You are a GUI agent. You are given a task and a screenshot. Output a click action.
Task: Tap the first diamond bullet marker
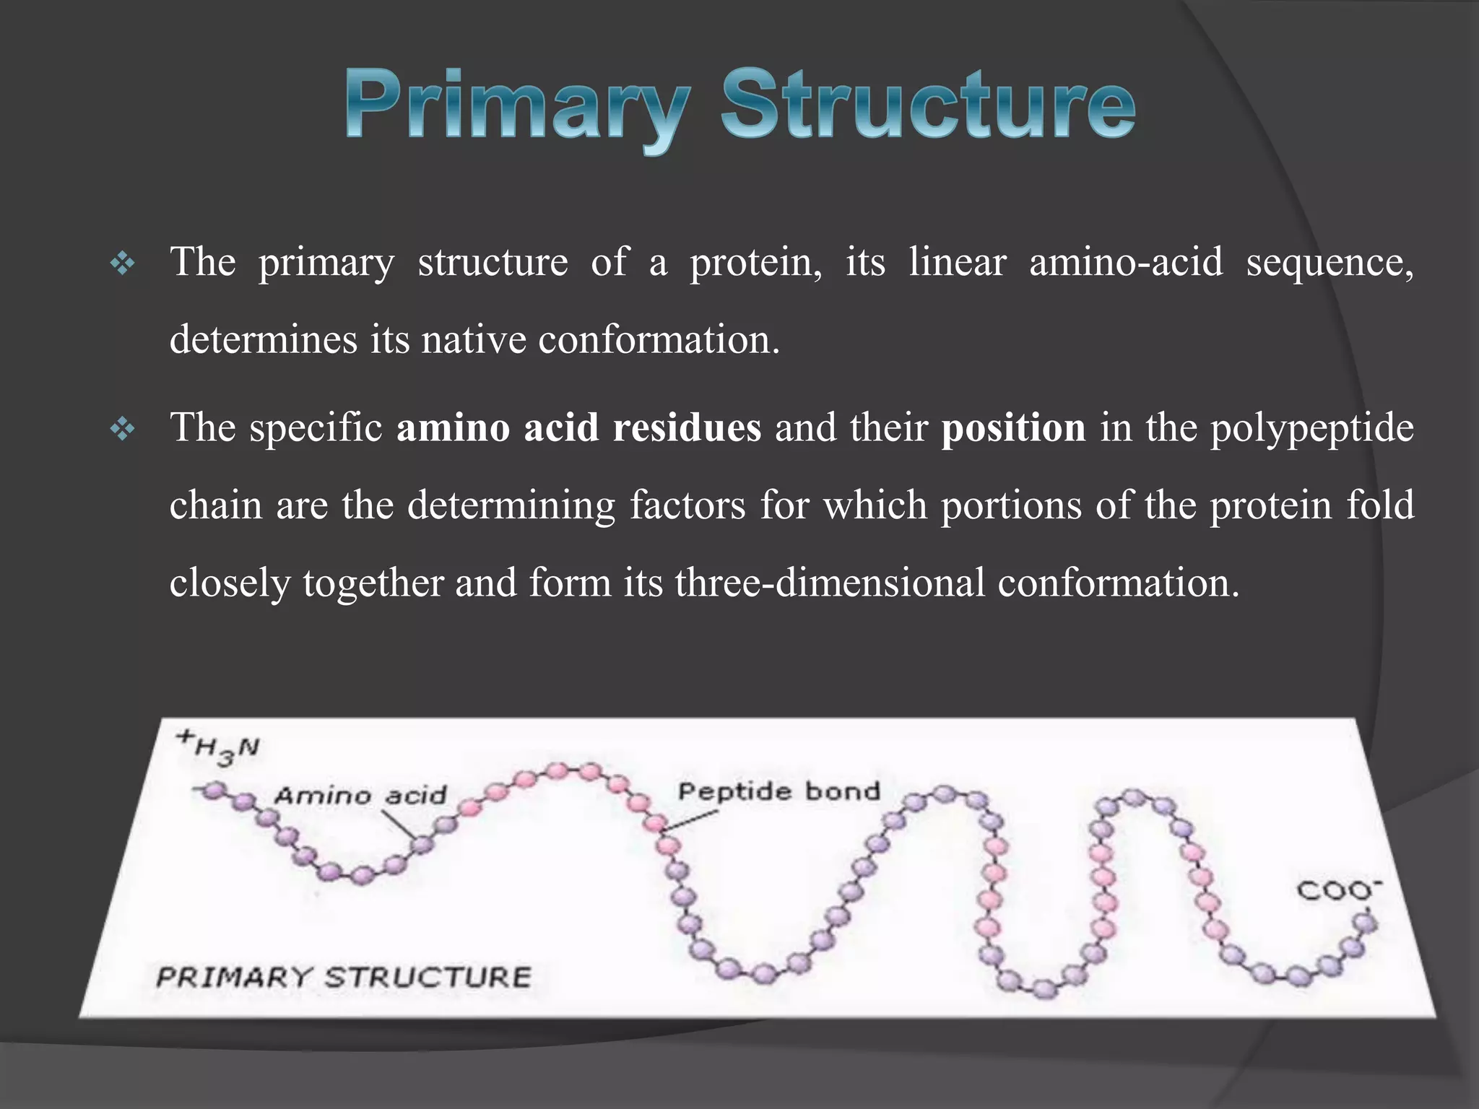pyautogui.click(x=122, y=264)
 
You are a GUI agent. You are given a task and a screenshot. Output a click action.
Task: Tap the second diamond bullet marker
pyautogui.click(x=122, y=430)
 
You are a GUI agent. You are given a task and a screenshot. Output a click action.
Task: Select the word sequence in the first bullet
pyautogui.click(x=1330, y=263)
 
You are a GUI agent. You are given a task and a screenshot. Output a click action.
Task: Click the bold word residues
pyautogui.click(x=687, y=427)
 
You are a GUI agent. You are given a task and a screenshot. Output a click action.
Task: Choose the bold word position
pyautogui.click(x=1013, y=429)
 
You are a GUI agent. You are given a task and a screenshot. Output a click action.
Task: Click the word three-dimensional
pyautogui.click(x=830, y=583)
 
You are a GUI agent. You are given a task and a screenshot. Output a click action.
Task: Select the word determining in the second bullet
pyautogui.click(x=511, y=505)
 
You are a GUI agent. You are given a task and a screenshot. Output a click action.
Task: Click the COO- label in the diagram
pyautogui.click(x=1338, y=890)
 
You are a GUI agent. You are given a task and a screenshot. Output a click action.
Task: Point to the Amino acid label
pyautogui.click(x=360, y=796)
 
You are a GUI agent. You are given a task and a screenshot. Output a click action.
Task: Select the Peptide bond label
pyautogui.click(x=778, y=791)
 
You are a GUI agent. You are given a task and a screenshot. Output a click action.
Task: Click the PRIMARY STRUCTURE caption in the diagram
pyautogui.click(x=343, y=978)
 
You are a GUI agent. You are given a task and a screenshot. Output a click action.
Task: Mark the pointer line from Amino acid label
pyautogui.click(x=399, y=824)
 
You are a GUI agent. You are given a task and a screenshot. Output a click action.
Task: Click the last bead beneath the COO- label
pyautogui.click(x=1364, y=922)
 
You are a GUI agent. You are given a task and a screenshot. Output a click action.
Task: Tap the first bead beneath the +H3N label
pyautogui.click(x=212, y=791)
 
